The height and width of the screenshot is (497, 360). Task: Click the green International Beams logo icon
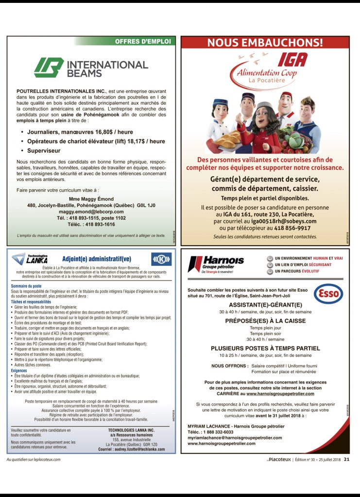(x=49, y=67)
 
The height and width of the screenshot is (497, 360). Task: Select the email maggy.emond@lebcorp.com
(x=91, y=212)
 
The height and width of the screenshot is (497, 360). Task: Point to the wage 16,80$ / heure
(x=119, y=132)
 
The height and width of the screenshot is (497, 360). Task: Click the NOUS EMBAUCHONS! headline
(x=265, y=42)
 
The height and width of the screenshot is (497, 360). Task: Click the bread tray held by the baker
(x=228, y=141)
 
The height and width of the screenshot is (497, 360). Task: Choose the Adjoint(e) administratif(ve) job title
(x=97, y=258)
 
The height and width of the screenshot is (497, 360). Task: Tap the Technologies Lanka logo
(x=29, y=258)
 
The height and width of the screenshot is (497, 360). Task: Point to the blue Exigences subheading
(x=19, y=370)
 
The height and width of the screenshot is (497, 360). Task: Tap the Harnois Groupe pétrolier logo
(x=216, y=264)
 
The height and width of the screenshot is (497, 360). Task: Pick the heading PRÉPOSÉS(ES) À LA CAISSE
(x=265, y=321)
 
